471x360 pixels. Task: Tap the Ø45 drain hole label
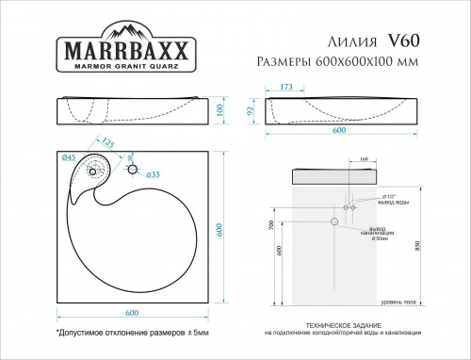68,157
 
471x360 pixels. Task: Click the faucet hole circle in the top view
133,171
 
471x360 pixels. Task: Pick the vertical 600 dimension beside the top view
221,229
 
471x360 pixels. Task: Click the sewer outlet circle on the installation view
333,222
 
